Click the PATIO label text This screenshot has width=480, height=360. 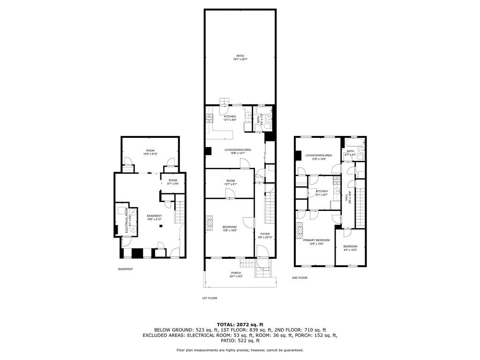[x=240, y=56]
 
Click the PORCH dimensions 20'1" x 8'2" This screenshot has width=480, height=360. [x=236, y=277]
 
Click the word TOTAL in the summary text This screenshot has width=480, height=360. [x=227, y=324]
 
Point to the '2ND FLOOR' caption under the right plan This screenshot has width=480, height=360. [x=300, y=277]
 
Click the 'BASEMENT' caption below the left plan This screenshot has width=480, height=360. [x=125, y=269]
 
